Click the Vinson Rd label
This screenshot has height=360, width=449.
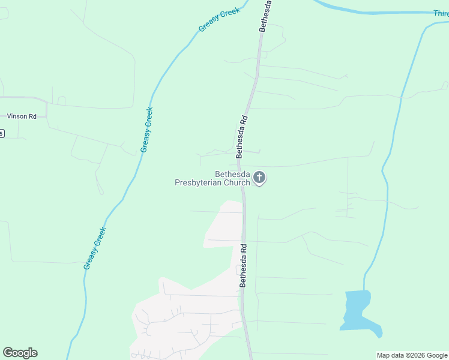click(x=22, y=116)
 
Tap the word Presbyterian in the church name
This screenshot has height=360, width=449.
click(x=199, y=183)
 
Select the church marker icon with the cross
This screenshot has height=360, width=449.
click(x=259, y=177)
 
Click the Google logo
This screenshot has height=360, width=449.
click(x=20, y=353)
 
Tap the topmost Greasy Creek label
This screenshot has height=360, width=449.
click(x=219, y=20)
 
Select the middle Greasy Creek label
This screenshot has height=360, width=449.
click(x=146, y=130)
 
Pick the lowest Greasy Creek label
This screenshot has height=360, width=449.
click(x=95, y=248)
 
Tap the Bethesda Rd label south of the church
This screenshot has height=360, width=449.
click(x=244, y=265)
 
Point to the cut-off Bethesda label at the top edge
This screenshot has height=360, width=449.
click(x=265, y=16)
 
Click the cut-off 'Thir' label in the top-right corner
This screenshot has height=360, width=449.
click(x=441, y=13)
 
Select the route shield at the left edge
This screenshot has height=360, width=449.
click(x=2, y=133)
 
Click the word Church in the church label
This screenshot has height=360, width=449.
click(x=237, y=183)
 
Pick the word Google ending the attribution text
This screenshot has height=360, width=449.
click(x=437, y=355)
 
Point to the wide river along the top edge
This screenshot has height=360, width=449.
click(x=372, y=9)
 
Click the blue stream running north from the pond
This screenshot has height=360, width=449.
click(x=387, y=180)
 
